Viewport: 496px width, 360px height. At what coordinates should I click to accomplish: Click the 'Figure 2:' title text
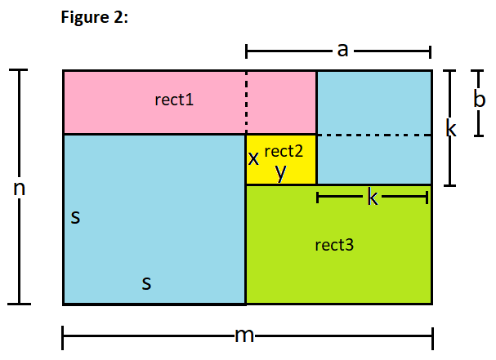[x=95, y=19]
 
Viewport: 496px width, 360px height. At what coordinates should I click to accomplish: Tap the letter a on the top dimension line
[x=342, y=51]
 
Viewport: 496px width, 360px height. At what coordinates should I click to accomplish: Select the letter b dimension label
[x=480, y=98]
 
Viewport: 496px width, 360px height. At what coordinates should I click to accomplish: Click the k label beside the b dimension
[x=450, y=128]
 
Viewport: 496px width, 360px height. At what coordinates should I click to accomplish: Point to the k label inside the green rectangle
[x=373, y=198]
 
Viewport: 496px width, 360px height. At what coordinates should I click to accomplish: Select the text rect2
[x=284, y=150]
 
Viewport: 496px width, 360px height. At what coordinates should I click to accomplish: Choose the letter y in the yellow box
[x=280, y=171]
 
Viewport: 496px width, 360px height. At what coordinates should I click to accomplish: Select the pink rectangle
[x=123, y=102]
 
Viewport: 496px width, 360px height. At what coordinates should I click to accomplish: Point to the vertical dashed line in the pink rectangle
[x=246, y=102]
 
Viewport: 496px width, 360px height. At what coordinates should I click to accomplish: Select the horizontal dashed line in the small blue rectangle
[x=373, y=135]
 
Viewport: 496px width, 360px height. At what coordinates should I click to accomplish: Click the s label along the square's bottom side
[x=146, y=283]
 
